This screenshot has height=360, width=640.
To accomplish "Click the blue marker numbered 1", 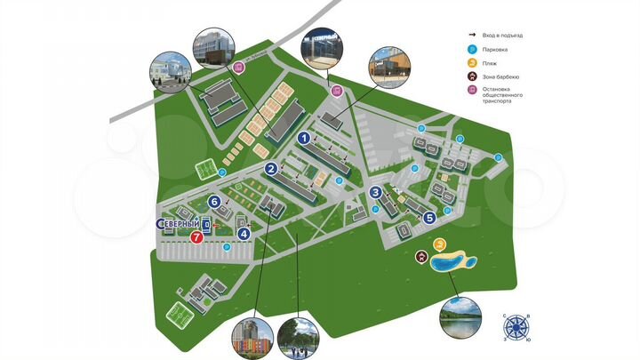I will pyautogui.click(x=303, y=138).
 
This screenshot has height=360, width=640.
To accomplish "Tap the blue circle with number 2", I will pyautogui.click(x=270, y=169).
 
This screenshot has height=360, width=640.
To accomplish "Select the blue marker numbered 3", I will pyautogui.click(x=376, y=192).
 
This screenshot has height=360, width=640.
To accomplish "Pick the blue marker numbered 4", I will pyautogui.click(x=244, y=234).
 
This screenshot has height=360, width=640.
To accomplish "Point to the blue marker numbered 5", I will pyautogui.click(x=429, y=217).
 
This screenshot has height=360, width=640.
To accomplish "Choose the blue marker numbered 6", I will pyautogui.click(x=214, y=200).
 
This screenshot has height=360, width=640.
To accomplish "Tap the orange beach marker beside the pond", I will pyautogui.click(x=438, y=244).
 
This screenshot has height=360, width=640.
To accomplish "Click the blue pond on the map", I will pyautogui.click(x=452, y=263).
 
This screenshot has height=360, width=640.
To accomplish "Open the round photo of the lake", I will pyautogui.click(x=460, y=319).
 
